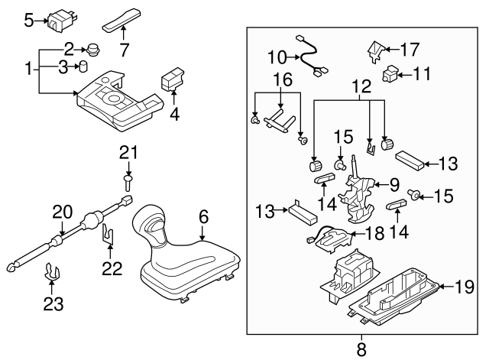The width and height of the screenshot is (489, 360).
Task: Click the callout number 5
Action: click(x=28, y=20)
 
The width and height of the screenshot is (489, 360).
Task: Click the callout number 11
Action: click(x=423, y=75)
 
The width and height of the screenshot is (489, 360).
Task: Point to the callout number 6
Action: click(x=203, y=217)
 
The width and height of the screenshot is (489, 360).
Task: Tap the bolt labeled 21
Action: click(x=128, y=181)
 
